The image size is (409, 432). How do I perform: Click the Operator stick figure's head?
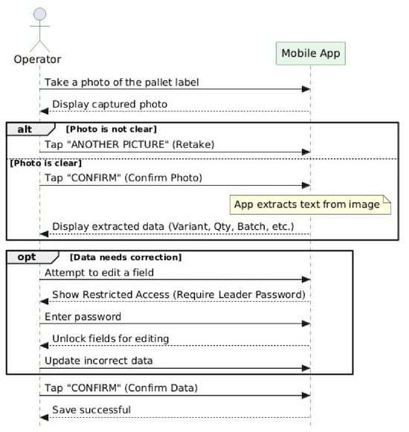click(x=40, y=14)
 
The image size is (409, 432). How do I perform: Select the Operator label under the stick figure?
click(x=38, y=59)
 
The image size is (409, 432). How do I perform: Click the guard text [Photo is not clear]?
click(x=112, y=130)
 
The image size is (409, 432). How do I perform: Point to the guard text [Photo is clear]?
click(x=46, y=164)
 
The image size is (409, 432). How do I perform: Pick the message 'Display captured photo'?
click(x=111, y=105)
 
